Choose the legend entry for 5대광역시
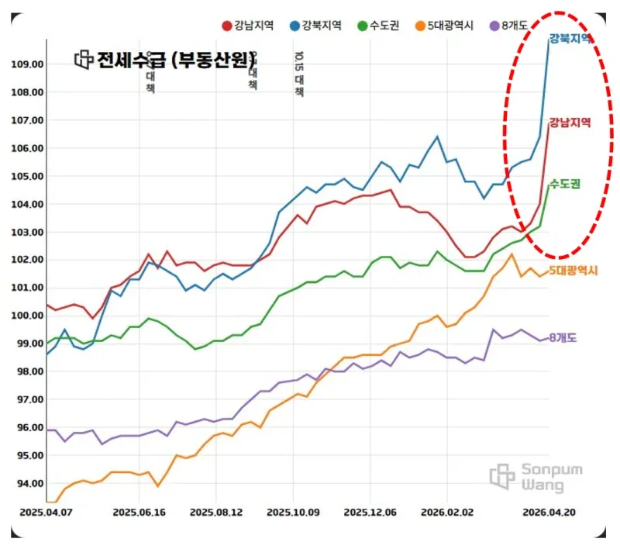[444, 26]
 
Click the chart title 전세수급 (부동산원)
[175, 60]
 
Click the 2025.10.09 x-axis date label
[293, 513]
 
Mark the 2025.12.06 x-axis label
[370, 513]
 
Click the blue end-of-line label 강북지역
[570, 38]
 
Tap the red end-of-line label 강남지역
[570, 123]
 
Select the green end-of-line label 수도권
[566, 184]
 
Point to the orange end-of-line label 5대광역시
[573, 270]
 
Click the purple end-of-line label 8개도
[563, 338]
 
